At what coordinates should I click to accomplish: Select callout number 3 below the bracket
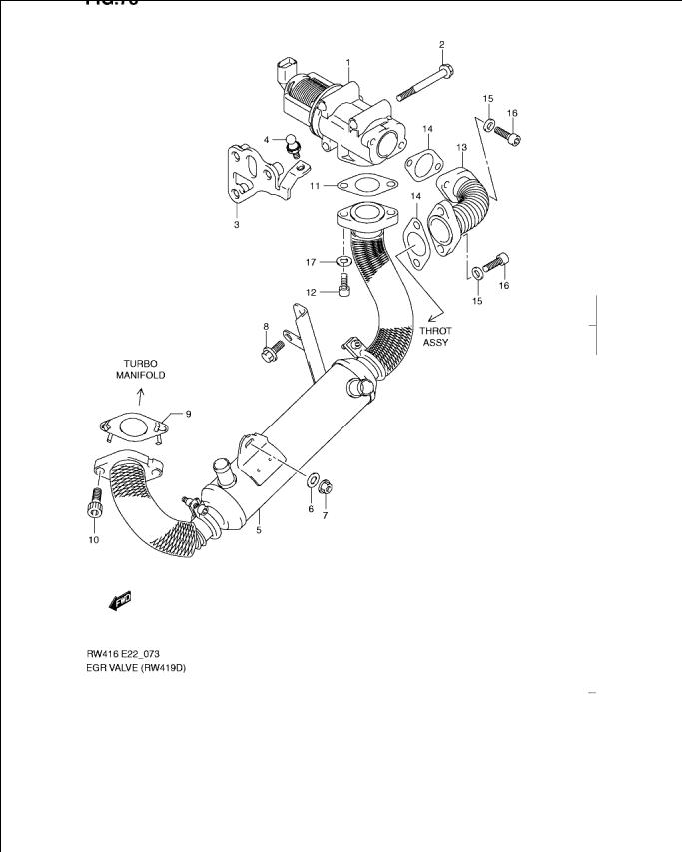(x=237, y=225)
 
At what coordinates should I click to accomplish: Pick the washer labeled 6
(x=313, y=482)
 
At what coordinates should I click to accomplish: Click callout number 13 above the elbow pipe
(x=462, y=147)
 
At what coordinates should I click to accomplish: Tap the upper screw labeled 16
(x=512, y=132)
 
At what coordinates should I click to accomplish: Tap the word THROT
(x=434, y=331)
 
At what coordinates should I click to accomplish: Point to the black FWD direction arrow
(x=119, y=601)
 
